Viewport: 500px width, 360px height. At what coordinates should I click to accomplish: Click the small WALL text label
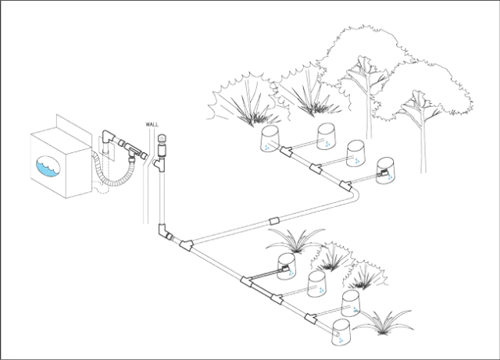[x=150, y=124]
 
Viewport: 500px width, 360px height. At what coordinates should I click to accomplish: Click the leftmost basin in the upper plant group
[x=267, y=139]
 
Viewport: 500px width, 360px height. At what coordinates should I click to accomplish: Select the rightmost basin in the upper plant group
[x=385, y=171]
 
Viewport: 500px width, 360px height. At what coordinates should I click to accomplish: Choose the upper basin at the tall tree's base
[x=356, y=151]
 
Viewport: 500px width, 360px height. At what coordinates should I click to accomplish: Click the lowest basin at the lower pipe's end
[x=341, y=332]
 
